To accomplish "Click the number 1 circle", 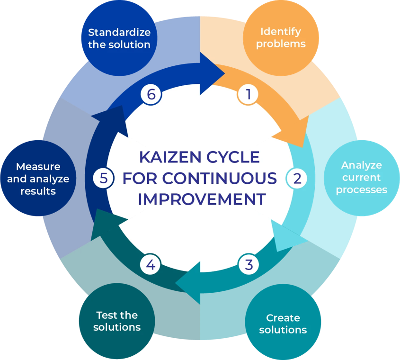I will pos(247,94).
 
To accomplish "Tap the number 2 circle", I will pos(297,179).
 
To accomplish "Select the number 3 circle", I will pos(249,264).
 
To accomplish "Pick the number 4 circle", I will pos(151,264).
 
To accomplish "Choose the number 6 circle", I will pos(151,94).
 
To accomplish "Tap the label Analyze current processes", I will pos(362,178).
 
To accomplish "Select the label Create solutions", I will pos(283,324).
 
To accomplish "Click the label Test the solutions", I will pos(117,321).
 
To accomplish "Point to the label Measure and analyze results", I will pos(38,179).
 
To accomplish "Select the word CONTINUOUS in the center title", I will pos(226,178).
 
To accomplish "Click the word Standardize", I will pos(119,33).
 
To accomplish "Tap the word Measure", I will pos(38,167).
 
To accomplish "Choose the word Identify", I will pos(281,32).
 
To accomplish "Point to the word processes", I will pos(362,190).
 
